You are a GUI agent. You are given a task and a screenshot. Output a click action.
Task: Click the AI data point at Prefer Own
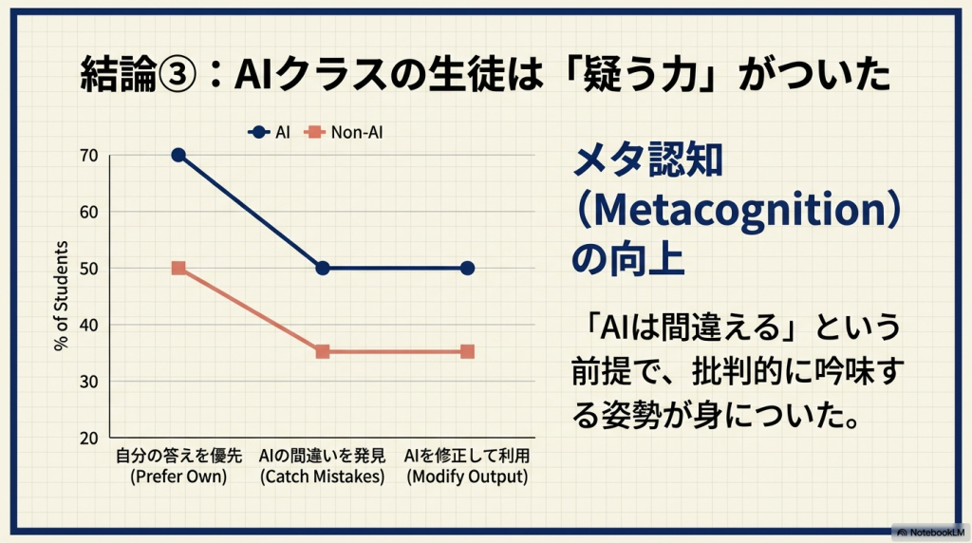178,155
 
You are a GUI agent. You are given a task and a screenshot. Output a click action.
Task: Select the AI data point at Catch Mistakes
323,269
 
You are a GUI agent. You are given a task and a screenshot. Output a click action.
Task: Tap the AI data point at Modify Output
467,269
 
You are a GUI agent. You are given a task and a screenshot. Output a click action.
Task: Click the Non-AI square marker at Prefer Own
178,268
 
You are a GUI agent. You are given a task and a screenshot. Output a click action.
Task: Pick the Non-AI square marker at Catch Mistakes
323,351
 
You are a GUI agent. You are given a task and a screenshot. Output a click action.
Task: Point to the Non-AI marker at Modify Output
467,351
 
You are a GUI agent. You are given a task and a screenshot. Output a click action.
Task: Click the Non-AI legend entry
344,132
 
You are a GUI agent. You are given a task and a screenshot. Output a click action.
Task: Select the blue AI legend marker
258,132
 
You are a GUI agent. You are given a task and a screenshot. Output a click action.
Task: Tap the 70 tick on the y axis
88,156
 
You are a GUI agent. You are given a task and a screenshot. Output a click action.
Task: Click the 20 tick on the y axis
88,439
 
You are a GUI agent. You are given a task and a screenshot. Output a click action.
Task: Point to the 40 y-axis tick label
88,326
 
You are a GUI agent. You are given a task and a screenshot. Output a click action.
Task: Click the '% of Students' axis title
61,296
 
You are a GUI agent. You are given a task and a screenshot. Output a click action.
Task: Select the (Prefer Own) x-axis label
178,477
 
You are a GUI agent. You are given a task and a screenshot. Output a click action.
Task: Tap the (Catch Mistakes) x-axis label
323,477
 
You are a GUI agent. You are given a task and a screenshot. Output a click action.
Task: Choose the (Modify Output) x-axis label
467,477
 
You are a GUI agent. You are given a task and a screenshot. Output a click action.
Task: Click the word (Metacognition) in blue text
738,211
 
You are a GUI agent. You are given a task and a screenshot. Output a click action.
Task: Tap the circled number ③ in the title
178,74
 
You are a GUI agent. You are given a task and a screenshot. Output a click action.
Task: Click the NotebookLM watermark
930,533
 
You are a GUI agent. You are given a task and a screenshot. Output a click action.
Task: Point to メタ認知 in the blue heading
647,159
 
